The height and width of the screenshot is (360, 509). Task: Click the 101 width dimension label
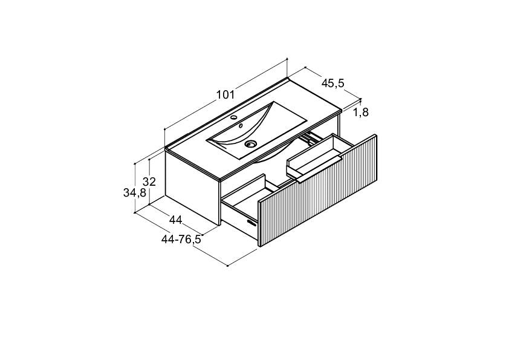(225, 95)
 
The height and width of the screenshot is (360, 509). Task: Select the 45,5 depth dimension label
(332, 83)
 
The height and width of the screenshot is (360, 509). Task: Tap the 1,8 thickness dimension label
(361, 113)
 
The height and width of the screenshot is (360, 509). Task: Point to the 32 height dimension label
(149, 182)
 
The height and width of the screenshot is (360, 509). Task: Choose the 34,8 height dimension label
(135, 193)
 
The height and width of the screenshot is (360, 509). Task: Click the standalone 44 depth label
(176, 220)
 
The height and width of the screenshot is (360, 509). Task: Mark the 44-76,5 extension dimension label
(181, 240)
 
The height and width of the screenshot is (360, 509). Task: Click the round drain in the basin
(250, 143)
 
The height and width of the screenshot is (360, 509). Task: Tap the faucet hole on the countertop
(235, 117)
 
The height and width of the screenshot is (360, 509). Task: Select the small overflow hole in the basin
(241, 125)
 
